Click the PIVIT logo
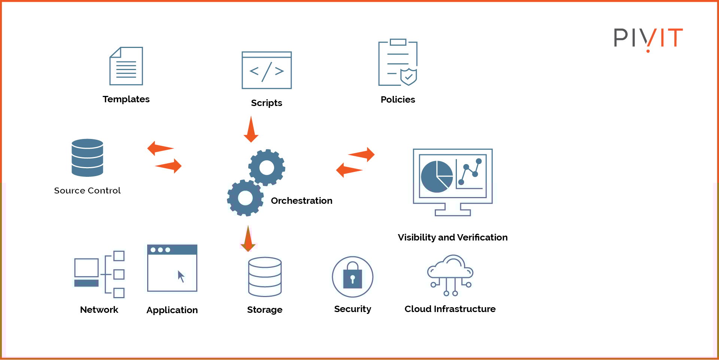point(648,38)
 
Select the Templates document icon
point(126,66)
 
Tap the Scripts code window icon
point(267,70)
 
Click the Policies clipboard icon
point(398,62)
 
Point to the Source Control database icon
point(87,158)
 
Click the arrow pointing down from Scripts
point(251,130)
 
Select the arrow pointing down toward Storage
point(248,239)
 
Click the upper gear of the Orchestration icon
point(267,167)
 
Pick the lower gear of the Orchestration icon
point(245,198)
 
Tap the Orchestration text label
point(301,201)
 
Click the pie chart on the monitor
point(437,176)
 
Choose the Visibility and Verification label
point(452,238)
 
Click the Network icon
point(99,274)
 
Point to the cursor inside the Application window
point(181,276)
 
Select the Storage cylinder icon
point(265,277)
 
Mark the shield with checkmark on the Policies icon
point(409,76)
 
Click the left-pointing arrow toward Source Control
point(160,148)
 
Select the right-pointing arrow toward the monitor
point(362,154)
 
